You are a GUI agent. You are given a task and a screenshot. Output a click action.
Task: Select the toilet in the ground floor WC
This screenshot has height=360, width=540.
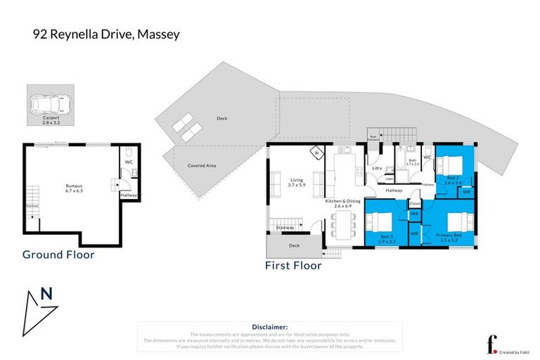129,154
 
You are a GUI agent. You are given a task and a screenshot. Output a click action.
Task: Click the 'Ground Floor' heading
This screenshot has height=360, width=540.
58,255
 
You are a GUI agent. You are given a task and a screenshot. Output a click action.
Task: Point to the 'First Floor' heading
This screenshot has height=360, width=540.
293,266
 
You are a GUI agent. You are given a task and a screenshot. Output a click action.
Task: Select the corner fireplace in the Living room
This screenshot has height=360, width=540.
316,152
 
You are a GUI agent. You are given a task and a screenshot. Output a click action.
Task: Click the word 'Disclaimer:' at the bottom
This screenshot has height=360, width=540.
270,327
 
